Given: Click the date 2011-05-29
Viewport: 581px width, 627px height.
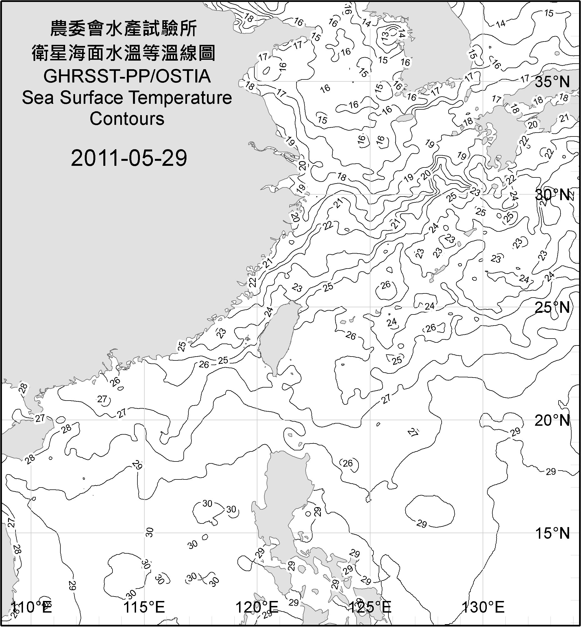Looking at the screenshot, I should (x=129, y=158).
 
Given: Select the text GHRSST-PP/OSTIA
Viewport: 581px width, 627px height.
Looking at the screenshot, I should (x=127, y=76).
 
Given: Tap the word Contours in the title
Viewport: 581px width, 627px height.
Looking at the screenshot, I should (x=127, y=119).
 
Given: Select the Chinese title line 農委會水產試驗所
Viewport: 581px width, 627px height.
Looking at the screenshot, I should (x=124, y=29).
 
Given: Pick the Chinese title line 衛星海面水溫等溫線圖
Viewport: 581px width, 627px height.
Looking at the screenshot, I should (x=124, y=53).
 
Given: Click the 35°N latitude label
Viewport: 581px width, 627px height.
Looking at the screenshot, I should (x=552, y=82).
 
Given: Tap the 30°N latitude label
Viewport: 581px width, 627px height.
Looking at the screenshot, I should (x=552, y=195).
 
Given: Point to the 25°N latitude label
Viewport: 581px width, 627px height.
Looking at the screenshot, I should (x=552, y=308).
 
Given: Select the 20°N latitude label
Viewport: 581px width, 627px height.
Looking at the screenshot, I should (x=552, y=420).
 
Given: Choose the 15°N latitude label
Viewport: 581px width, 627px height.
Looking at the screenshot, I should (x=552, y=533).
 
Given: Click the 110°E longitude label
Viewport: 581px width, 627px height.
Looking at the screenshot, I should (x=31, y=607).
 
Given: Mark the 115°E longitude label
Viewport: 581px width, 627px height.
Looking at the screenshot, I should (x=144, y=607).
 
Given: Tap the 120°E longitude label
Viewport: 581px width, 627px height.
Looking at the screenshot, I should (x=257, y=607).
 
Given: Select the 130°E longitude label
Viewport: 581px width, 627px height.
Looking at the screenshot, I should (x=483, y=607).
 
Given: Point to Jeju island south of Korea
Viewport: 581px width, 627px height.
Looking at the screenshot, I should (x=404, y=118).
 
